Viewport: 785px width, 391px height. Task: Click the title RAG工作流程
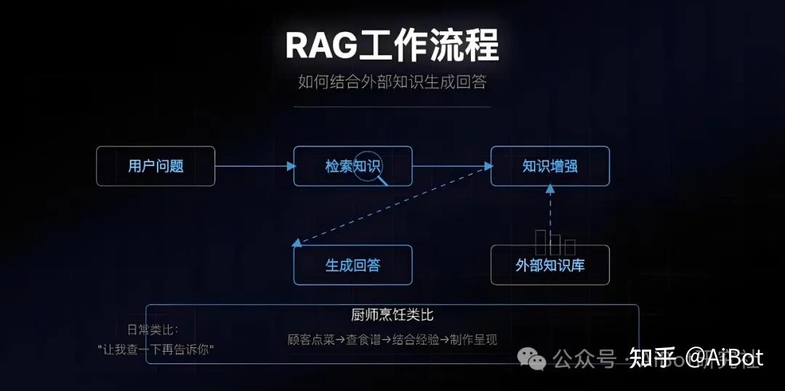pos(392,45)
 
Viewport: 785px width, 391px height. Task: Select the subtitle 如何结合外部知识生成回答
pos(392,82)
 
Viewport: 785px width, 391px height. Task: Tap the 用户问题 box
pos(156,166)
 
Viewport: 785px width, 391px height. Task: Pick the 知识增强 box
pos(550,166)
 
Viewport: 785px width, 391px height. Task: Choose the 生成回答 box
pos(353,265)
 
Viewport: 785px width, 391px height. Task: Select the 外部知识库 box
pos(550,265)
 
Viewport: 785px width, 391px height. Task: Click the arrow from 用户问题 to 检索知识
pos(254,166)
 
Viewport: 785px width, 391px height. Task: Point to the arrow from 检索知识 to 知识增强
pos(451,166)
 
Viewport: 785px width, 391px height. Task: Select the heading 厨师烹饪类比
pos(392,315)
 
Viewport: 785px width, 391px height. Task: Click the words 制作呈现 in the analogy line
pos(473,339)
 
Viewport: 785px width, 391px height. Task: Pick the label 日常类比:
pos(153,330)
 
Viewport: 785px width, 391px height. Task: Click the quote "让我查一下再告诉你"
pos(156,349)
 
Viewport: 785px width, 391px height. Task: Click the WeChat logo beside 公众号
pos(536,358)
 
